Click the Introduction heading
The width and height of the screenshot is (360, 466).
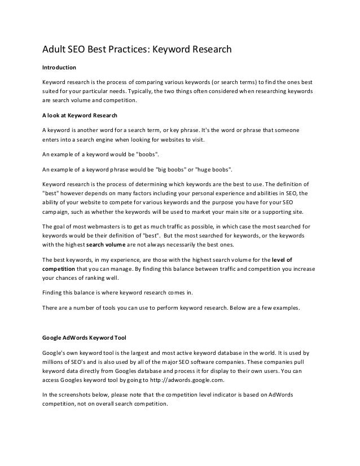point(60,67)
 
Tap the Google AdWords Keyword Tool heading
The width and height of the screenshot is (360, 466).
point(84,339)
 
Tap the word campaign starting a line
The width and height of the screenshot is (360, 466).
point(59,212)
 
